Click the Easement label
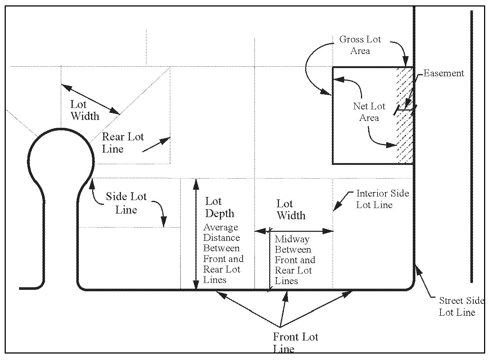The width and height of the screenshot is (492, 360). click(443, 73)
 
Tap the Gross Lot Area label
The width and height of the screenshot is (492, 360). click(360, 45)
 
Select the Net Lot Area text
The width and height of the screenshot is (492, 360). click(369, 112)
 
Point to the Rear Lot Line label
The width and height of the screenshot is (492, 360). click(123, 143)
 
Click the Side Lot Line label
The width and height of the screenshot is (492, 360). click(126, 203)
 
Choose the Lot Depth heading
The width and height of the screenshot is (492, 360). click(220, 207)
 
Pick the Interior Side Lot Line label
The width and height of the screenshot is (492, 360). click(382, 199)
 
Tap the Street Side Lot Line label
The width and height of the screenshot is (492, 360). click(461, 306)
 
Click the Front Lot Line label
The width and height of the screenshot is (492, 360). click(295, 342)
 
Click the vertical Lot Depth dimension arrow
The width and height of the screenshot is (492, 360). click(196, 234)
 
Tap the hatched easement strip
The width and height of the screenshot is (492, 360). click(405, 115)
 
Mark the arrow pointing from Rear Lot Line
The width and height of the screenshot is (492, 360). click(156, 144)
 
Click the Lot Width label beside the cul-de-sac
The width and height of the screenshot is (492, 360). click(85, 110)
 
